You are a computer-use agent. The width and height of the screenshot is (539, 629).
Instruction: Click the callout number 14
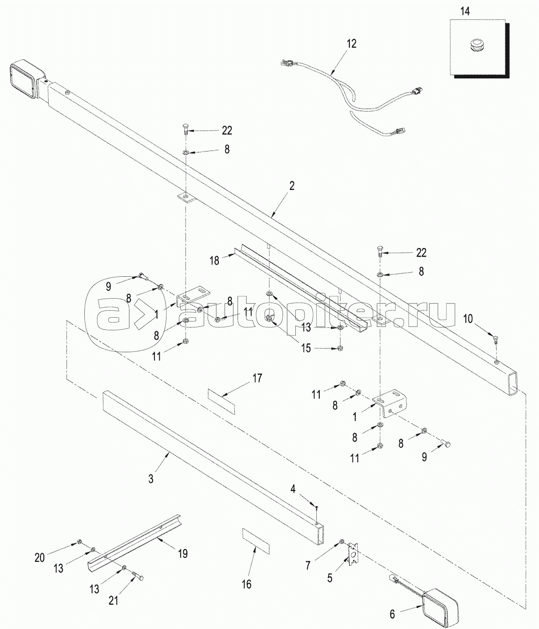465,11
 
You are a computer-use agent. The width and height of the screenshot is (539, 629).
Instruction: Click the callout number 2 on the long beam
291,186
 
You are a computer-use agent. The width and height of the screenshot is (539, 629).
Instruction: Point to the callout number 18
214,261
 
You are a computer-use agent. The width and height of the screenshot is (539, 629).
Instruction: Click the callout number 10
468,319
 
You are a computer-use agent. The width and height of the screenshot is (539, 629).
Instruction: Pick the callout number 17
257,378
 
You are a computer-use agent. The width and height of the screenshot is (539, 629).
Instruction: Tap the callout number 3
151,478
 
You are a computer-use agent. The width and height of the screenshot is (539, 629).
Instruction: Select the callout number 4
293,489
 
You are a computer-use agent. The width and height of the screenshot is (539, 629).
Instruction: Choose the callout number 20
39,558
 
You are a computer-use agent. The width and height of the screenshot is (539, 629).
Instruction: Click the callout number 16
247,584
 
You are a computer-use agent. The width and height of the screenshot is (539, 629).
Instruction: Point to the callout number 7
308,566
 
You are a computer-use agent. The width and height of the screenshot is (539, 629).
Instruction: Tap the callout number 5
329,578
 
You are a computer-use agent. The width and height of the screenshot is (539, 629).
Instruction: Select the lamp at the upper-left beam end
28,79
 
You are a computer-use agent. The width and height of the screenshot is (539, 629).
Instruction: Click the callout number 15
306,348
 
